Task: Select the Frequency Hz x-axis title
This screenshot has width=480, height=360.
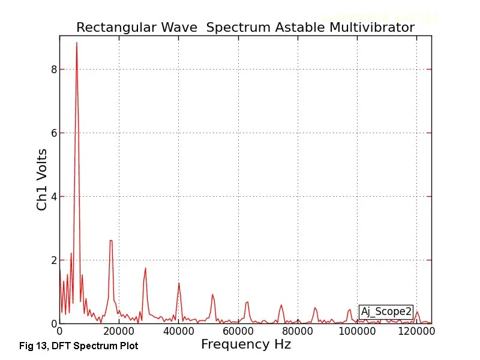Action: tap(245, 344)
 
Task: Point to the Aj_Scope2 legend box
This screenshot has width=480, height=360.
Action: tap(386, 311)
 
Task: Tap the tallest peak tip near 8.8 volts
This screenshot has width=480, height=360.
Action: tap(76, 43)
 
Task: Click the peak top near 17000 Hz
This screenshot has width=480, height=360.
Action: tap(111, 241)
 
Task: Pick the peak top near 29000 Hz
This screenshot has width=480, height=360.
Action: tap(145, 268)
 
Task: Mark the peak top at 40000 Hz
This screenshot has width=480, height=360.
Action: tap(179, 283)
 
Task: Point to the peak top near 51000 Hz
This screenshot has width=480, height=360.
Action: tap(212, 295)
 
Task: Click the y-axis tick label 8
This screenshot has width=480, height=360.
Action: tap(53, 70)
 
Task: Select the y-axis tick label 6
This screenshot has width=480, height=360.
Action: tap(53, 133)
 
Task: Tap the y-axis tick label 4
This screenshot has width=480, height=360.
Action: tap(53, 197)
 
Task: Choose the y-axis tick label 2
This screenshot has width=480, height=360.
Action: tap(53, 260)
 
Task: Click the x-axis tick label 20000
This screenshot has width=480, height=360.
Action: tap(119, 331)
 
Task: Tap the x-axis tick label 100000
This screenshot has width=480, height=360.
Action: tap(358, 331)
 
